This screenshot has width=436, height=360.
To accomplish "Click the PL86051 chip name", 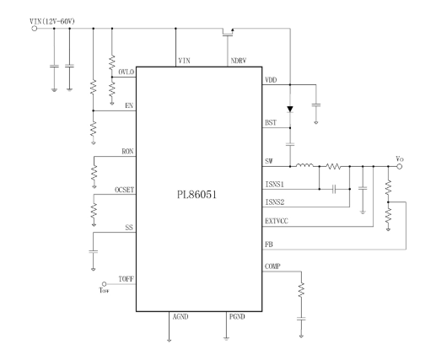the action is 196,195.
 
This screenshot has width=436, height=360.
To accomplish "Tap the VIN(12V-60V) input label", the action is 52,21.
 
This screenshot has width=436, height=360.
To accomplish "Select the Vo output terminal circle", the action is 399,166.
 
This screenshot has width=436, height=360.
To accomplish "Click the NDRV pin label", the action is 239,61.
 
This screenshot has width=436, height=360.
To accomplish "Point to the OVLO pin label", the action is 126,73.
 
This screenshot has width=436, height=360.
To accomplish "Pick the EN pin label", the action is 129,106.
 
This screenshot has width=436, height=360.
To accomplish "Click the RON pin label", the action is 127,152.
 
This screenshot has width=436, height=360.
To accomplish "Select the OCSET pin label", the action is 125,190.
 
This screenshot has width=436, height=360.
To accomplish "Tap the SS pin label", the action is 129,228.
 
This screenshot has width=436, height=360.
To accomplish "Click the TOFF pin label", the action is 126,279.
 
